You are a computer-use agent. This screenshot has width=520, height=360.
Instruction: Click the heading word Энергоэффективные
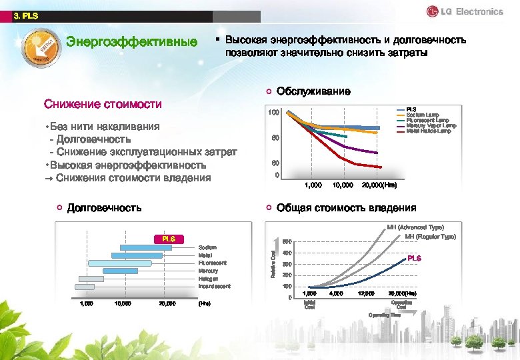(x=131, y=42)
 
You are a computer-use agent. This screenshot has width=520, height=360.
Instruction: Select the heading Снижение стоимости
(x=103, y=104)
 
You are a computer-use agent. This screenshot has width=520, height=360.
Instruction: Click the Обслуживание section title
(x=313, y=91)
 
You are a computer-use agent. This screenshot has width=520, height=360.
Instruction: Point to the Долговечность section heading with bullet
(x=104, y=207)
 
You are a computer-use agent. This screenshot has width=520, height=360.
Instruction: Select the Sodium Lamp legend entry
(x=421, y=115)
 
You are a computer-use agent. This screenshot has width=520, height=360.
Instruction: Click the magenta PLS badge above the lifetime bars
(x=168, y=239)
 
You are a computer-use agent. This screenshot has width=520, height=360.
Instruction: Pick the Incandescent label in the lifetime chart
(x=214, y=286)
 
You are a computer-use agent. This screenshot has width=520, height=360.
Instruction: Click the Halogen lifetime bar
(x=91, y=279)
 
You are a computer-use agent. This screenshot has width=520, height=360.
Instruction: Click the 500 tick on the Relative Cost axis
(x=286, y=241)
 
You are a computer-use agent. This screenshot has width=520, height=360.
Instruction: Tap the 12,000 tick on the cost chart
(x=366, y=293)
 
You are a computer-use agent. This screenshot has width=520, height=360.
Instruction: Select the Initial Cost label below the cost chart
(x=309, y=305)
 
